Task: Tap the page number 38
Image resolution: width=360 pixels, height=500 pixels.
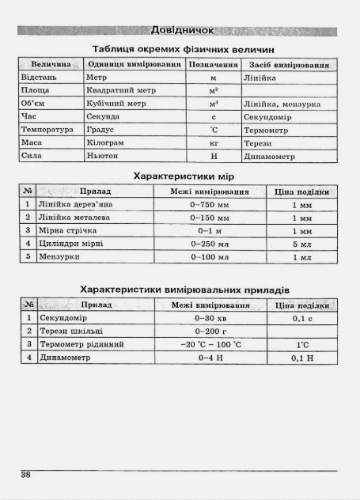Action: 26,475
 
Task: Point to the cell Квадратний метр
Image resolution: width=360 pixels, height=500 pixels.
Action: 120,91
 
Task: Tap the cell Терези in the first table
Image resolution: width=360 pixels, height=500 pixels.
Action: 259,143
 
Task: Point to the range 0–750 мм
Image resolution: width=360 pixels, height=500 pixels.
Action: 210,204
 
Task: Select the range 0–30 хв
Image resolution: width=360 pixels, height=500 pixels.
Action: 210,318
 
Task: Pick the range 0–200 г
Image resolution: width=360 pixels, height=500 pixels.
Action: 210,331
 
